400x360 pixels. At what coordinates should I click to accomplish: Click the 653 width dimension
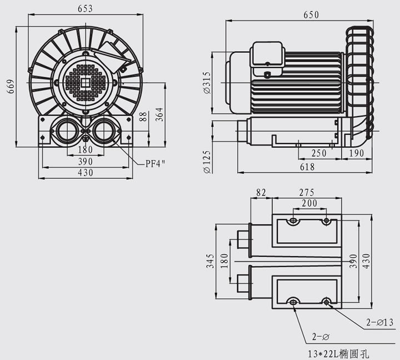pos(84,8)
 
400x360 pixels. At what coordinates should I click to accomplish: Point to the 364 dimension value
pos(159,114)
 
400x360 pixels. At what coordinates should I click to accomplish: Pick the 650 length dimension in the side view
pos(311,15)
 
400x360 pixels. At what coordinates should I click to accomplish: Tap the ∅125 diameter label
pos(207,161)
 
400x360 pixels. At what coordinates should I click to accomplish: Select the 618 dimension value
pos(307,167)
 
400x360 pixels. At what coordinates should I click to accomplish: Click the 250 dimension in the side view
pos(319,153)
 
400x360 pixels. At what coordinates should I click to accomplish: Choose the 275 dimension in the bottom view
pos(307,192)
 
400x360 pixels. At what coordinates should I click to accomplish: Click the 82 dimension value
pos(261,192)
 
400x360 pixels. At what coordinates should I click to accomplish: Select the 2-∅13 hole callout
pos(379,323)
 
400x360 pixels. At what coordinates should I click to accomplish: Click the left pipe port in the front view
pos(66,132)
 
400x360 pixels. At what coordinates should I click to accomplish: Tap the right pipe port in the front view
pos(104,132)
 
